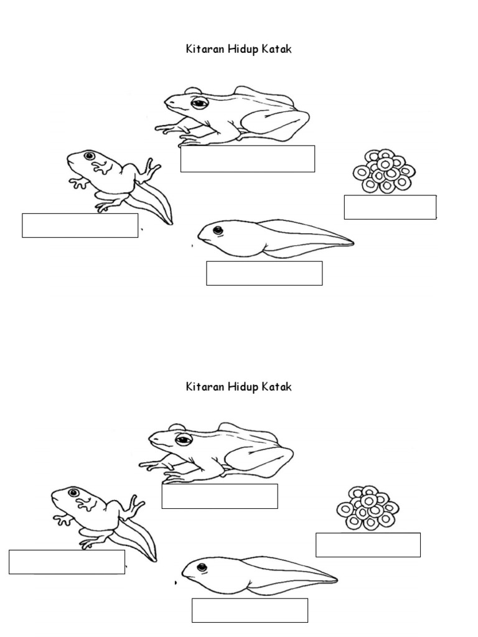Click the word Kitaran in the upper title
(205, 49)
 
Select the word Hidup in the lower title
(243, 387)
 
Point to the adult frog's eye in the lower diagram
(184, 439)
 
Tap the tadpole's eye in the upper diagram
(218, 230)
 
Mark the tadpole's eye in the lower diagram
(202, 567)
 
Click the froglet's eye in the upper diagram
(90, 156)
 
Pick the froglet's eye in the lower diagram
(73, 493)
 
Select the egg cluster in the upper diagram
(383, 172)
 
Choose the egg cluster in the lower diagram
(368, 508)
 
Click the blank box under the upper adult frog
(248, 159)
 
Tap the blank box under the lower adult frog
(220, 496)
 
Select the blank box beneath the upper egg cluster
(390, 207)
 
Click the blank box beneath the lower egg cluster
(368, 545)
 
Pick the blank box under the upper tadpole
(264, 274)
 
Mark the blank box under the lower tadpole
(250, 610)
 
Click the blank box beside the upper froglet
(80, 225)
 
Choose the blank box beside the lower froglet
(67, 562)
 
